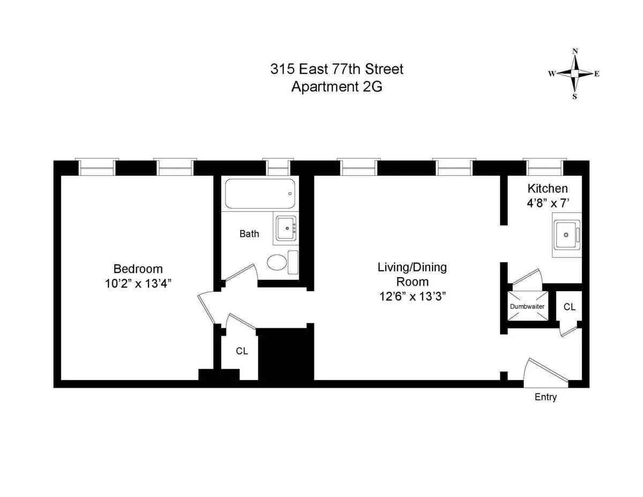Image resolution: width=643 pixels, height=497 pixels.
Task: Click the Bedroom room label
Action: coord(138,269)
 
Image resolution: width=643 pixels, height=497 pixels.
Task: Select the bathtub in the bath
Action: coord(260,194)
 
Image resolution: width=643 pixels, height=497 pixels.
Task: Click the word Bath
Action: coord(249,234)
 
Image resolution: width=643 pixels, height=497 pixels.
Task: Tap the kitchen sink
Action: coord(566,235)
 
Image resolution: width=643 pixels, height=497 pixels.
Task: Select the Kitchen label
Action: coord(547,189)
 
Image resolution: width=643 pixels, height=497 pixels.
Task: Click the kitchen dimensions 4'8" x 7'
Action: coord(547,203)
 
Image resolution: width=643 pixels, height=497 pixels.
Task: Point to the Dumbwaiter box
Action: coord(527,306)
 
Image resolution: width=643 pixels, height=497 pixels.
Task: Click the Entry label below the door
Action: coord(545,397)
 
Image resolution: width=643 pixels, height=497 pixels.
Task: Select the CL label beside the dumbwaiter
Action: coord(569,307)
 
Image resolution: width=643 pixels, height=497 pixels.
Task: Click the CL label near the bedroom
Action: coord(242,351)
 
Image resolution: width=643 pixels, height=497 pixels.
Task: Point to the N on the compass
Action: coord(575,51)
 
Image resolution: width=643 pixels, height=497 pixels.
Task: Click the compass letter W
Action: coord(551,74)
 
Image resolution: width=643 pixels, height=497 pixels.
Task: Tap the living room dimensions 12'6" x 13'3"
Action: coord(412,295)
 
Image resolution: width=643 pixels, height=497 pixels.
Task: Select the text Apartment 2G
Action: coord(337,87)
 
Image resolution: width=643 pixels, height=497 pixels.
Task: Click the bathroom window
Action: coord(278,168)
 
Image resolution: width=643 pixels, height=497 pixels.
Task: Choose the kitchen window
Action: coord(544,168)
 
